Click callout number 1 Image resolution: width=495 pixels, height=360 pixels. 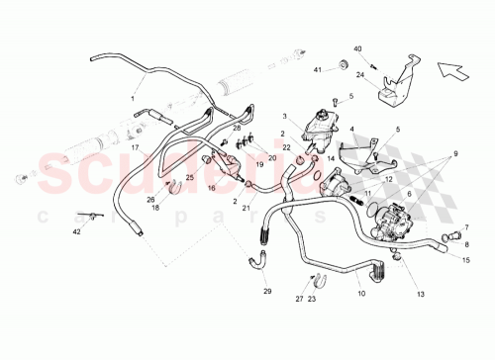click(130, 99)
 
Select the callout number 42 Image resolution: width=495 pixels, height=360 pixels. click(76, 231)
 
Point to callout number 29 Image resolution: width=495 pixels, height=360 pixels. click(266, 291)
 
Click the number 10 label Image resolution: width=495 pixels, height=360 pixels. click(361, 294)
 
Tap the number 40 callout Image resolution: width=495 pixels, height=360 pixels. click(358, 48)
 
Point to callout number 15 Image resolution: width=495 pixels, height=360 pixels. click(465, 259)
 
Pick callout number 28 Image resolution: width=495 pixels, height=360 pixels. click(237, 129)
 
